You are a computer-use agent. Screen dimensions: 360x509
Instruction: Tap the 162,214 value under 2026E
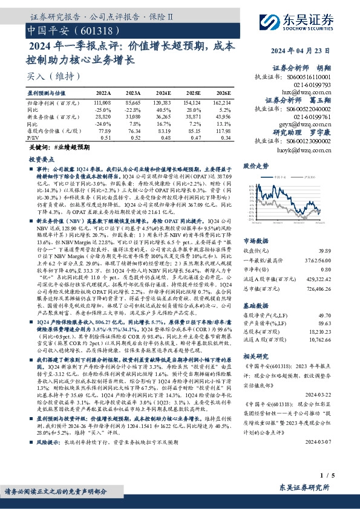[x=221, y=105]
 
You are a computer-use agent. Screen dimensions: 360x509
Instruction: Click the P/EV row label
[x=34, y=137]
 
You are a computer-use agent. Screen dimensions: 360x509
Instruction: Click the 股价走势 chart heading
[x=256, y=165]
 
